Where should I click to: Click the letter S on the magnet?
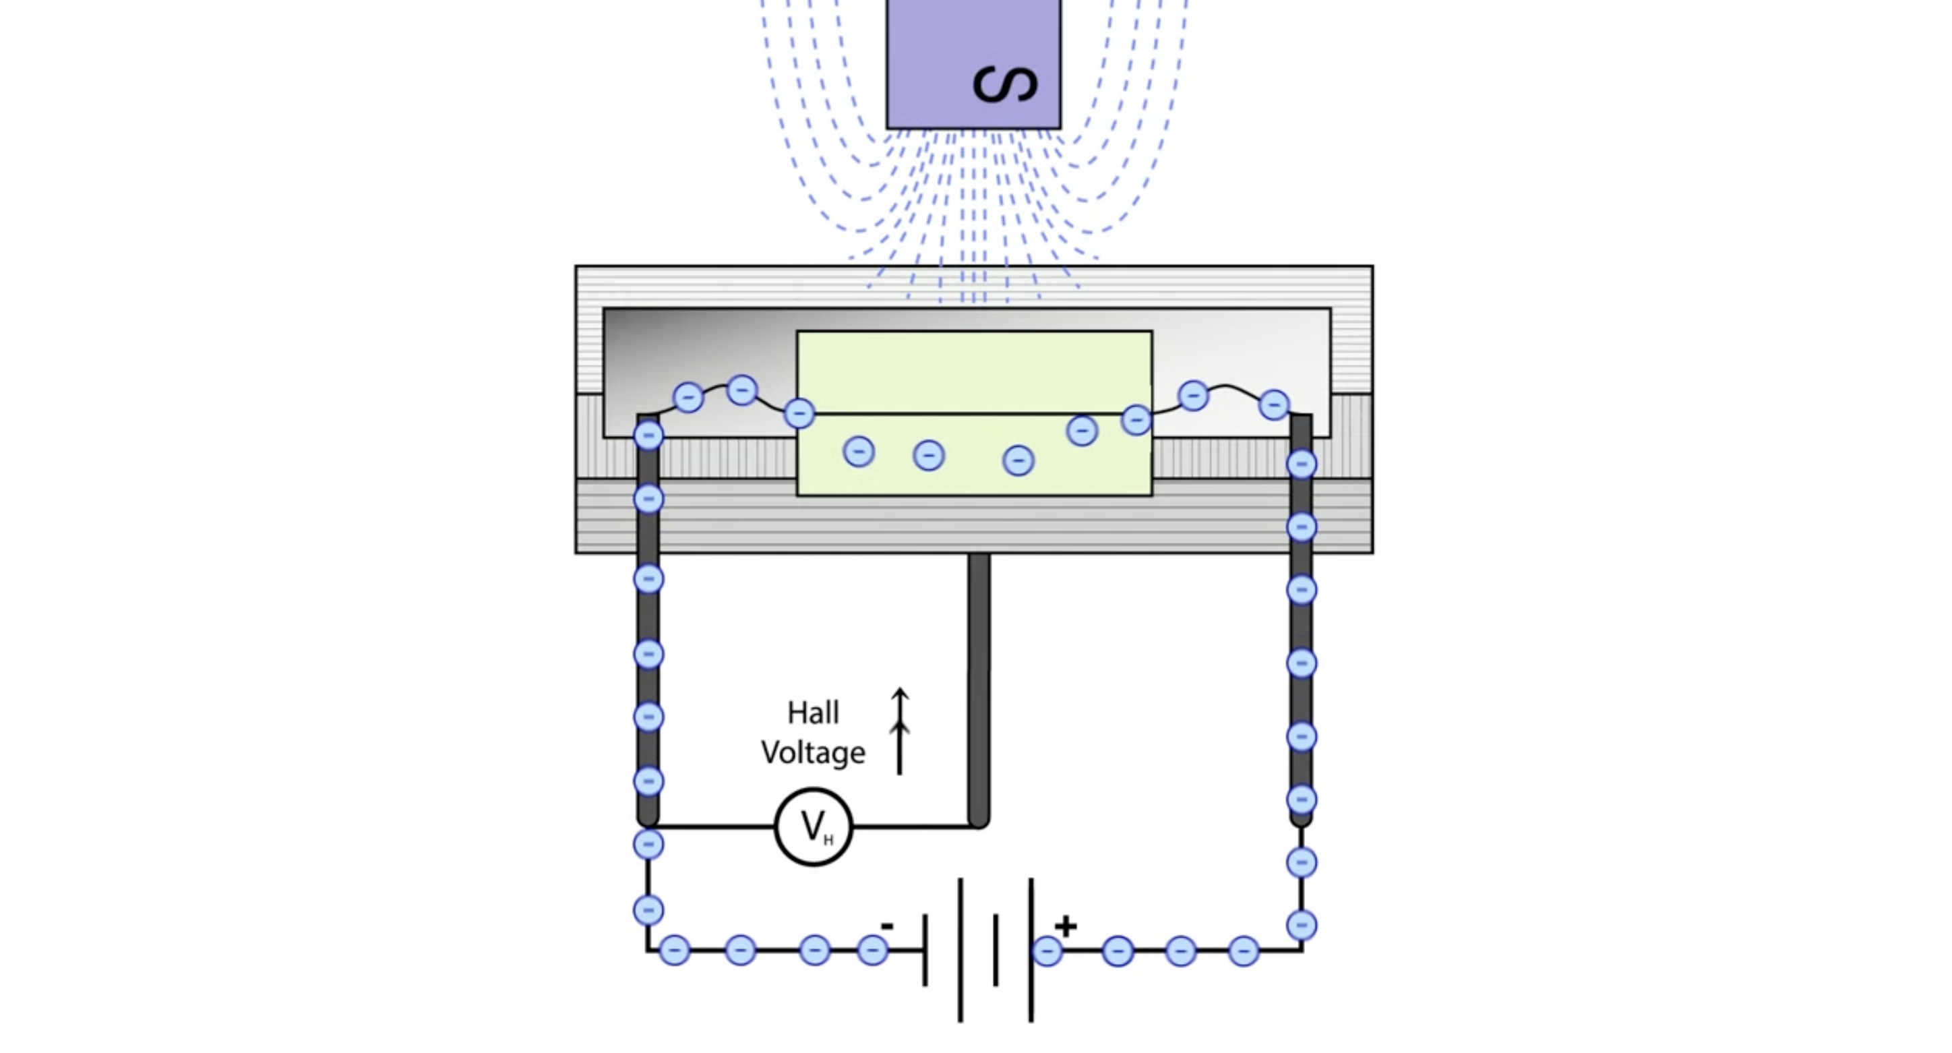1005,84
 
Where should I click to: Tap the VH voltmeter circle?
814,826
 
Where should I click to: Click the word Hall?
813,713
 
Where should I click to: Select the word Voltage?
813,753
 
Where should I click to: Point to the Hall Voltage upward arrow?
899,731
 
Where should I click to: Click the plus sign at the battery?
1066,926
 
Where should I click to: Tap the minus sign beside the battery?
886,926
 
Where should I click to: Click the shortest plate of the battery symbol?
996,949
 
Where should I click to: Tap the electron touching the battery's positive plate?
1047,951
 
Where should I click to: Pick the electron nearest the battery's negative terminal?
872,949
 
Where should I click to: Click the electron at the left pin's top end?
648,435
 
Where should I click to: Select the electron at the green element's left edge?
799,413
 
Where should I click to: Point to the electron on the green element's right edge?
1136,419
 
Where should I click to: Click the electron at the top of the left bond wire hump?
742,390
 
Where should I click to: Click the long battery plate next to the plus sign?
1031,949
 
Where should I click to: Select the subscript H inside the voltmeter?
828,839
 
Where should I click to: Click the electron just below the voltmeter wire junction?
648,844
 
